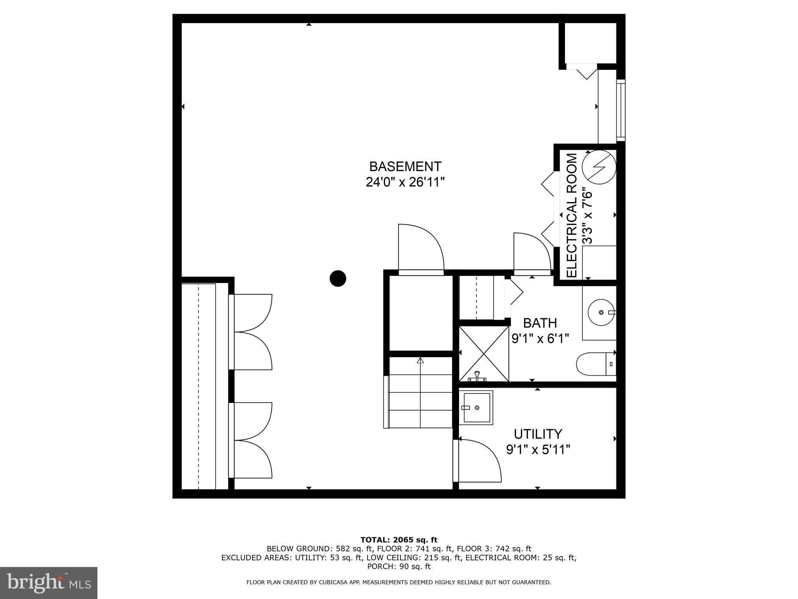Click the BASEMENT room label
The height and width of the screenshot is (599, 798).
[x=405, y=167]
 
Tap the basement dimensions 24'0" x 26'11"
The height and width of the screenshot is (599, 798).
[x=405, y=182]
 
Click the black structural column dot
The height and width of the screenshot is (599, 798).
[x=338, y=278]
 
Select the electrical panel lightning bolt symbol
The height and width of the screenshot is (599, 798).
[x=598, y=167]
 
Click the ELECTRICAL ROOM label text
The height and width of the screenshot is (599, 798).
[x=571, y=215]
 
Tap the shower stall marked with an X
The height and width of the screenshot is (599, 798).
[x=484, y=354]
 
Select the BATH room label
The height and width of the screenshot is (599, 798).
[x=540, y=323]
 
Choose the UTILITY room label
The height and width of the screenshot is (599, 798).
[x=538, y=434]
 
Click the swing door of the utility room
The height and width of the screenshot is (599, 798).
[x=479, y=460]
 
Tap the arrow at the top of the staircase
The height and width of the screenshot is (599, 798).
[x=420, y=361]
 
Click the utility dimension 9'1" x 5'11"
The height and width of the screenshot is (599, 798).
[x=538, y=450]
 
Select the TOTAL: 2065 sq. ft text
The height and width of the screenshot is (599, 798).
[x=399, y=540]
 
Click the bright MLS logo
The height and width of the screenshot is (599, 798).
[x=48, y=583]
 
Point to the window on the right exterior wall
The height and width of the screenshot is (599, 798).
[x=621, y=110]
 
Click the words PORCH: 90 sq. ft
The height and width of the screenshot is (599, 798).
[x=399, y=566]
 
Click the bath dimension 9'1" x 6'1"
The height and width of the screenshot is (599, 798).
[x=540, y=338]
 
